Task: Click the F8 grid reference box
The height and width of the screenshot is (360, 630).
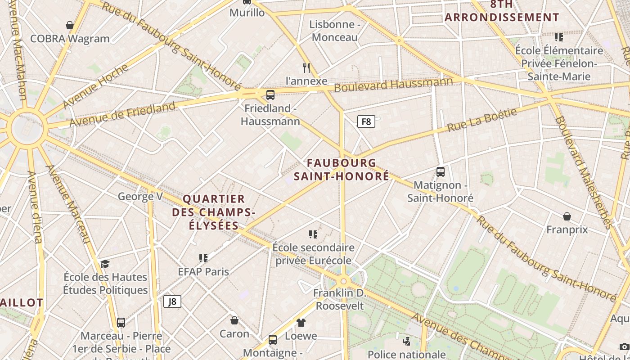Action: click(x=366, y=121)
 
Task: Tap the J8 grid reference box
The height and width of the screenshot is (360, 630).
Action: click(x=172, y=301)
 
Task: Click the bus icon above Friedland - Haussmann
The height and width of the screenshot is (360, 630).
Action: click(x=270, y=95)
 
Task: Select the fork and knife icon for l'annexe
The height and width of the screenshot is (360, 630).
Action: click(x=306, y=68)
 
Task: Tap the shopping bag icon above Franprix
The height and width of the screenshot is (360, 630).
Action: click(x=567, y=216)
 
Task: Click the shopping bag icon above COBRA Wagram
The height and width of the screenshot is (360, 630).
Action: click(x=70, y=25)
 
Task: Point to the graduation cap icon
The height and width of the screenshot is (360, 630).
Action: click(x=105, y=264)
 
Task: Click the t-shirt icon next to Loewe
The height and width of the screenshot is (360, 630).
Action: click(x=301, y=322)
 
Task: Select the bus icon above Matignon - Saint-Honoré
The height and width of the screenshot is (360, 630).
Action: click(x=441, y=171)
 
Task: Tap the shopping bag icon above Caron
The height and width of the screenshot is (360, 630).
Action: click(x=234, y=320)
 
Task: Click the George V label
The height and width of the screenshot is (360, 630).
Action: click(x=140, y=196)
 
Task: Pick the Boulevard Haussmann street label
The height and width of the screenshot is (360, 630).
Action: click(x=393, y=84)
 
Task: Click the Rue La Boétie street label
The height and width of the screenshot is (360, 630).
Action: click(x=482, y=120)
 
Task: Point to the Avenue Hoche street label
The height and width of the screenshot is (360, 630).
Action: click(x=95, y=86)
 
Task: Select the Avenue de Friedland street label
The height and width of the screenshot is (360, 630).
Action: click(x=122, y=114)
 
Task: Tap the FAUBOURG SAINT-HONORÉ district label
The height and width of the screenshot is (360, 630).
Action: click(x=342, y=170)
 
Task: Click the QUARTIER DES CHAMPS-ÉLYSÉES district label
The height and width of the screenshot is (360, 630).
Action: click(x=214, y=212)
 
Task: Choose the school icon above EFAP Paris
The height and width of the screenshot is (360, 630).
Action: click(x=203, y=258)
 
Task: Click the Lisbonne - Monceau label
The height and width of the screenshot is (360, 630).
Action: click(x=335, y=31)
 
